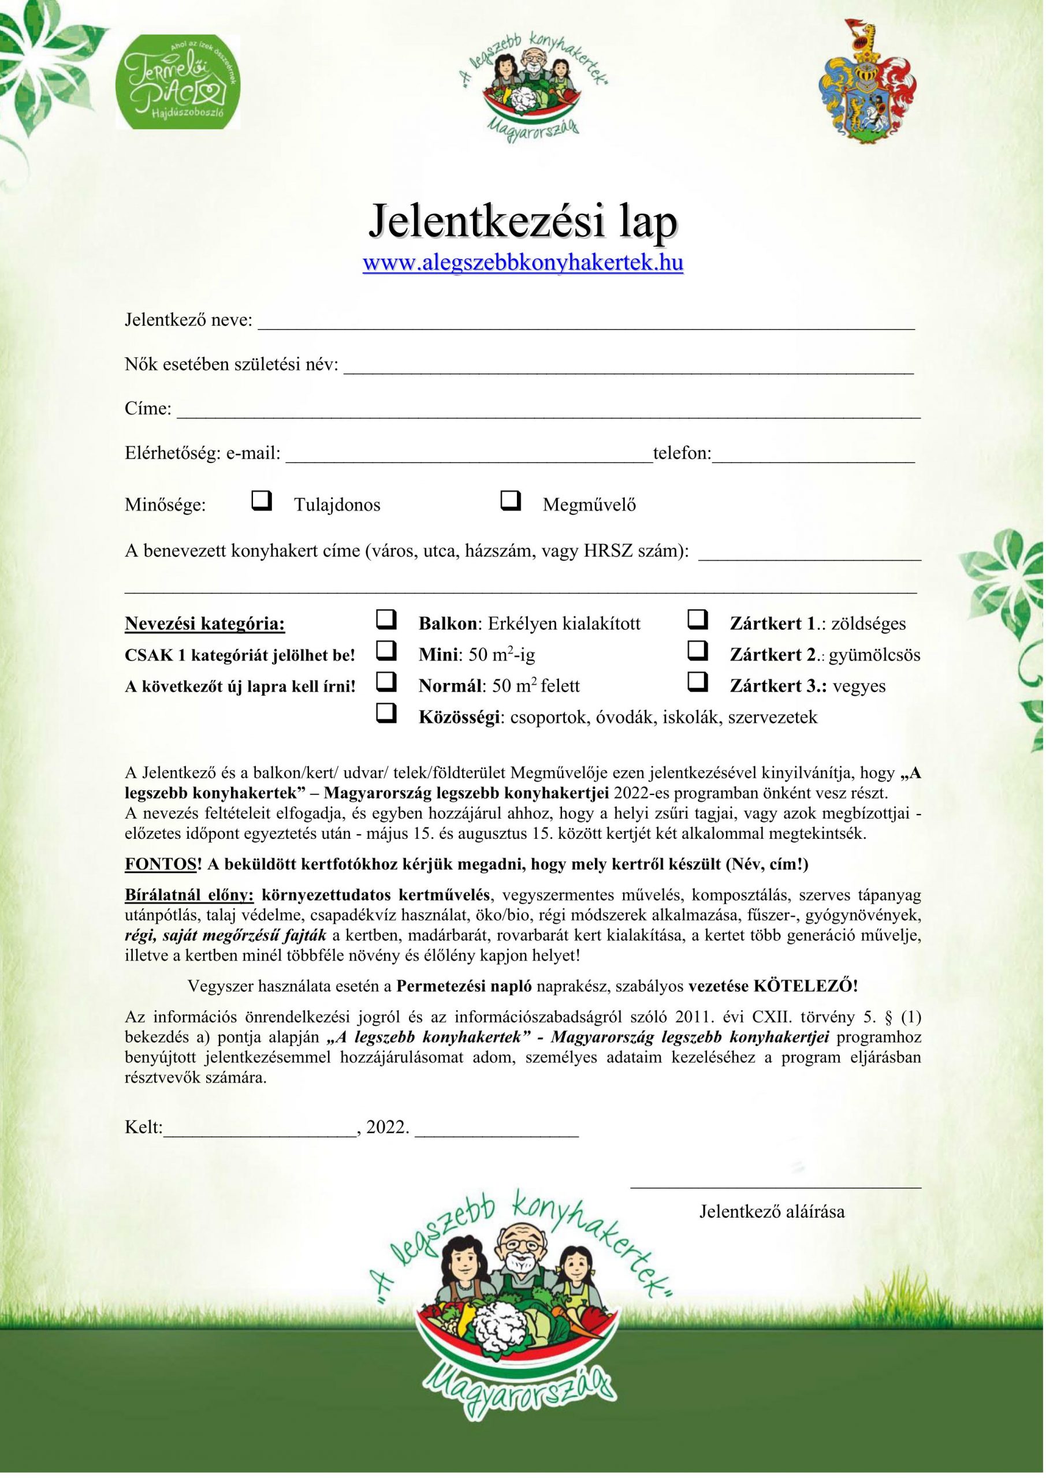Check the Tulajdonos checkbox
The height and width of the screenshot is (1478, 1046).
[x=261, y=500]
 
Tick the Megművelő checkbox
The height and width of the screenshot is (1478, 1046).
[x=510, y=500]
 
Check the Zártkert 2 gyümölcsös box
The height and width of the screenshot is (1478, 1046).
[x=698, y=651]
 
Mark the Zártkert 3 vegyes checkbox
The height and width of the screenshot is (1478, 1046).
[x=698, y=682]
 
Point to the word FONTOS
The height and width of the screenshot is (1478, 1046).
[x=160, y=864]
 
